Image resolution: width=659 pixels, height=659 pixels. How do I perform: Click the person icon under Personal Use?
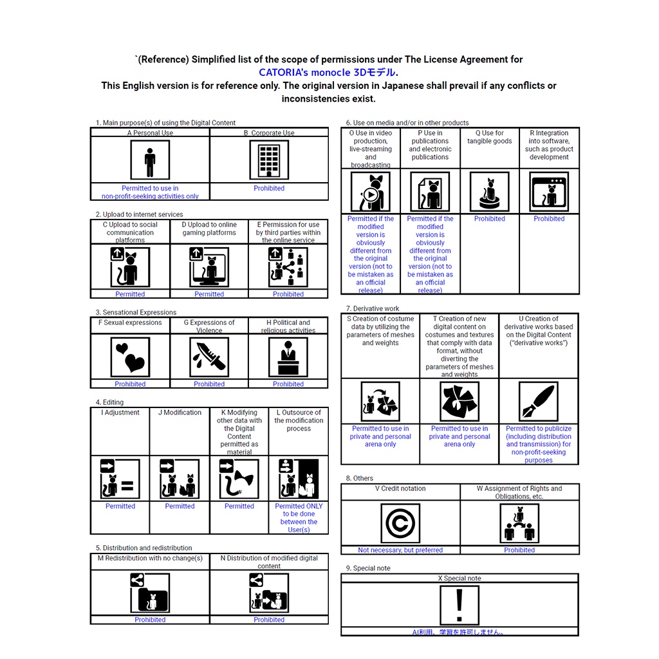pyautogui.click(x=150, y=161)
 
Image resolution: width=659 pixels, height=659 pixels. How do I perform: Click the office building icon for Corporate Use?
pyautogui.click(x=269, y=161)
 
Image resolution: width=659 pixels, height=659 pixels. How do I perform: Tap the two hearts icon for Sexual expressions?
pyautogui.click(x=130, y=357)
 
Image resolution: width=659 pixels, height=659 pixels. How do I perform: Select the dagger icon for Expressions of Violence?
pyautogui.click(x=209, y=357)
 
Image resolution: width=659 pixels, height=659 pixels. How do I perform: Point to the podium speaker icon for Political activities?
pyautogui.click(x=288, y=357)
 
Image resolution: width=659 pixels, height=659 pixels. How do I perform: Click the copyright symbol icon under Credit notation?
pyautogui.click(x=400, y=523)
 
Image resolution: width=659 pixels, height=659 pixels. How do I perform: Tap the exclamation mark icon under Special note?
pyautogui.click(x=459, y=605)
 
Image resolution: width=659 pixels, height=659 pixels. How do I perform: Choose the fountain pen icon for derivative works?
pyautogui.click(x=539, y=402)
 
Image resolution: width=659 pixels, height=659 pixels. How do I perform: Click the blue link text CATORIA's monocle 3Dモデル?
pyautogui.click(x=328, y=72)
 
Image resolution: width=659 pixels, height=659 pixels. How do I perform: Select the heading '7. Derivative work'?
pyautogui.click(x=373, y=309)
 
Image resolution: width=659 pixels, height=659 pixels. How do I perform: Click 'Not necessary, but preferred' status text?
pyautogui.click(x=400, y=550)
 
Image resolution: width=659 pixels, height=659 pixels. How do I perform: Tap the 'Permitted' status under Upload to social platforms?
pyautogui.click(x=130, y=294)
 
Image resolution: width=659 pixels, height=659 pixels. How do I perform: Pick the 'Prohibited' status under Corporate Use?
pyautogui.click(x=269, y=189)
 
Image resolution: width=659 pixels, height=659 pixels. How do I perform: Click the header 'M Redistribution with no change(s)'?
pyautogui.click(x=150, y=558)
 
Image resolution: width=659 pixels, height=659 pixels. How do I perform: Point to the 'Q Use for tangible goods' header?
pyautogui.click(x=490, y=137)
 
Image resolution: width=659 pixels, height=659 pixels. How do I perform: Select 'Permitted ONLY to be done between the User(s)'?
pyautogui.click(x=299, y=517)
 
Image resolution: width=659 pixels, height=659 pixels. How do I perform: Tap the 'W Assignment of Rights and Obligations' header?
pyautogui.click(x=519, y=492)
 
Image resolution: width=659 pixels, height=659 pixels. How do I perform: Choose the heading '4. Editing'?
pyautogui.click(x=109, y=402)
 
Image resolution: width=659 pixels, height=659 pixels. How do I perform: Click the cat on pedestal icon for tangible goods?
pyautogui.click(x=490, y=192)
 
